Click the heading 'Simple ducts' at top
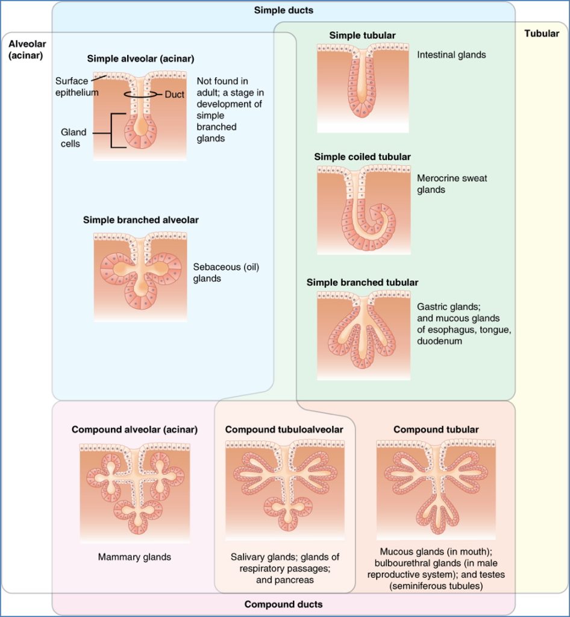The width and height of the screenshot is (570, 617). (283, 10)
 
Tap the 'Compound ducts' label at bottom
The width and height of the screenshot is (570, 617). (283, 604)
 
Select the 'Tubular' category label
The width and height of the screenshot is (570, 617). (542, 34)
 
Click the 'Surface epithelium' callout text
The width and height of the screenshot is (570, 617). (77, 86)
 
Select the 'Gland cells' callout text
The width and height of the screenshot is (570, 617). (74, 138)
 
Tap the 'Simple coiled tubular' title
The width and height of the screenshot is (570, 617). (362, 157)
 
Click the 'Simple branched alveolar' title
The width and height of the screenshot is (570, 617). (140, 220)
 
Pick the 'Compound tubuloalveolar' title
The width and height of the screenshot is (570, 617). (284, 430)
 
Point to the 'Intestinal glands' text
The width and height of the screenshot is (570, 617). (451, 55)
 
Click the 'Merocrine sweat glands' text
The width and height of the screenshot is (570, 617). (452, 184)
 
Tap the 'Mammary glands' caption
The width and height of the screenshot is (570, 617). (134, 557)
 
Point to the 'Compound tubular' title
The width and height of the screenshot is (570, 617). (436, 430)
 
